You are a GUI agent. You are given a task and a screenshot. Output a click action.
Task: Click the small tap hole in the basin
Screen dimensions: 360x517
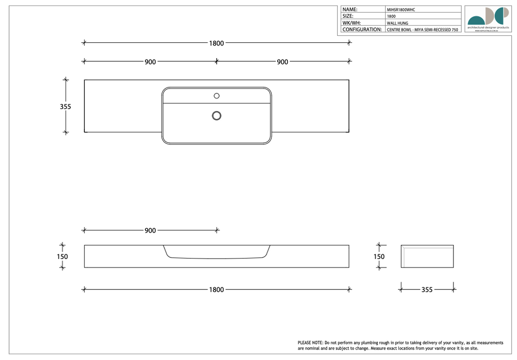click(217, 95)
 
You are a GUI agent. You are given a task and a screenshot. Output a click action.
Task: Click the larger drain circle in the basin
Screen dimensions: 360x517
click(217, 116)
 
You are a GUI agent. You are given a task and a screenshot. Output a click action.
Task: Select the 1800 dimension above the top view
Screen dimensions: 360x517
click(217, 43)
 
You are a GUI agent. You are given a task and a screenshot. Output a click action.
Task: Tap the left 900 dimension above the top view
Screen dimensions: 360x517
click(150, 62)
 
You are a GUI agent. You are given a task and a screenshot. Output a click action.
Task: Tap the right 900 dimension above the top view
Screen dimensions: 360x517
click(282, 62)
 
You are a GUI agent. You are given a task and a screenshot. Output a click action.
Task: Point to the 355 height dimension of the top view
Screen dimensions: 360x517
click(65, 107)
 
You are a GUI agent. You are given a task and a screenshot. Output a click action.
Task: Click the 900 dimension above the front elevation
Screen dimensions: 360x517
click(150, 230)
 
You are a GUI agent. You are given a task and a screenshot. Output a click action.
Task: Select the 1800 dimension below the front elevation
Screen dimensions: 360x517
click(217, 290)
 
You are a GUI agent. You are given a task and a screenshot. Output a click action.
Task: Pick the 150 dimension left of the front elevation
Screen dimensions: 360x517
click(62, 256)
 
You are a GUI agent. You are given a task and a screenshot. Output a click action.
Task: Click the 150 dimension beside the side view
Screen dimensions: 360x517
click(379, 256)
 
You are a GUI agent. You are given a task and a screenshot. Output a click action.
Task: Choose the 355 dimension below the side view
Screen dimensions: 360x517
click(427, 290)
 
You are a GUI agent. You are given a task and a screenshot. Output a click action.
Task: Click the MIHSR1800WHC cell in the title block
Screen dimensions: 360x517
click(401, 10)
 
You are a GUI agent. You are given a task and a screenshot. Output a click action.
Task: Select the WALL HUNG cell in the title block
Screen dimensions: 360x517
click(397, 23)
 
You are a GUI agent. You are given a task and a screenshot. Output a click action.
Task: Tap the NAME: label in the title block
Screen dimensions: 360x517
click(350, 9)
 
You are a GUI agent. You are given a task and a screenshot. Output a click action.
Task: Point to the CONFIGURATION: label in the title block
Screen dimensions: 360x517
click(362, 30)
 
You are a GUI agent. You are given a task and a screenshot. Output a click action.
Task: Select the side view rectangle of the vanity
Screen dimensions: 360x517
click(427, 256)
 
